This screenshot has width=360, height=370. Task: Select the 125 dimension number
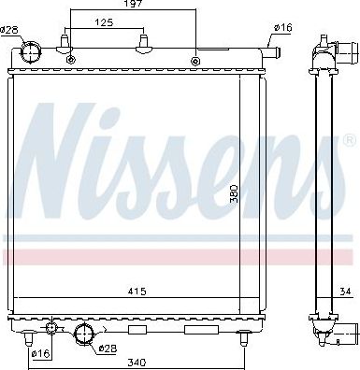pyautogui.click(x=104, y=22)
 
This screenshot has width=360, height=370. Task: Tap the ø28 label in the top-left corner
pyautogui.click(x=8, y=30)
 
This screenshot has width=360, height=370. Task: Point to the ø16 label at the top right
pyautogui.click(x=283, y=28)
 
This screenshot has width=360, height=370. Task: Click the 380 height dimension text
pyautogui.click(x=234, y=194)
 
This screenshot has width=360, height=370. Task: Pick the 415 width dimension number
pyautogui.click(x=137, y=292)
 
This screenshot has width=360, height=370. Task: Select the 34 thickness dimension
pyautogui.click(x=345, y=292)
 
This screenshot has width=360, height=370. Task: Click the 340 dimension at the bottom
pyautogui.click(x=137, y=363)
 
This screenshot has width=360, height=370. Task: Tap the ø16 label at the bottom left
pyautogui.click(x=41, y=353)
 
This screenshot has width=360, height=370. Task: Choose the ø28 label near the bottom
pyautogui.click(x=108, y=349)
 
